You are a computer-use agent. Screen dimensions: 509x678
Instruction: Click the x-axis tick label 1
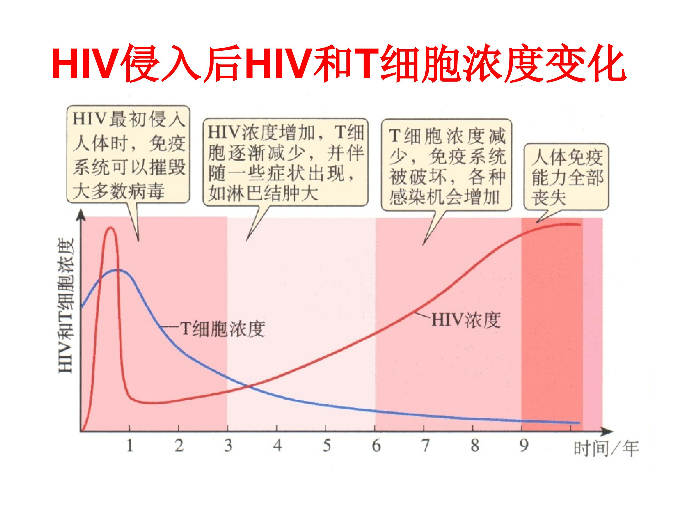(x=130, y=445)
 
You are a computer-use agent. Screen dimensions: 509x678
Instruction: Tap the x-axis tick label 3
(x=228, y=445)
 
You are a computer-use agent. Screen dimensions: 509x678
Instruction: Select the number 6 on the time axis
(x=376, y=445)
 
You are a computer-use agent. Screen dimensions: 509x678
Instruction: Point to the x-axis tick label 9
(x=524, y=445)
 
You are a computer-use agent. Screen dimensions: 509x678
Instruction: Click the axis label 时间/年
(x=606, y=449)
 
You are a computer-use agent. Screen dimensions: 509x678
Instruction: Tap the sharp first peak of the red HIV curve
(x=110, y=228)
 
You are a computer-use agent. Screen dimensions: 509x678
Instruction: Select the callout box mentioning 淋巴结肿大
(x=285, y=163)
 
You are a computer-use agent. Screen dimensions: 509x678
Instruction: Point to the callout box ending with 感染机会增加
(x=447, y=165)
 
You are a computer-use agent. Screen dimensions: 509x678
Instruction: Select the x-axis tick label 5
(x=327, y=445)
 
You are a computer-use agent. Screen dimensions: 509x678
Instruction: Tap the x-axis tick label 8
(x=475, y=445)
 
